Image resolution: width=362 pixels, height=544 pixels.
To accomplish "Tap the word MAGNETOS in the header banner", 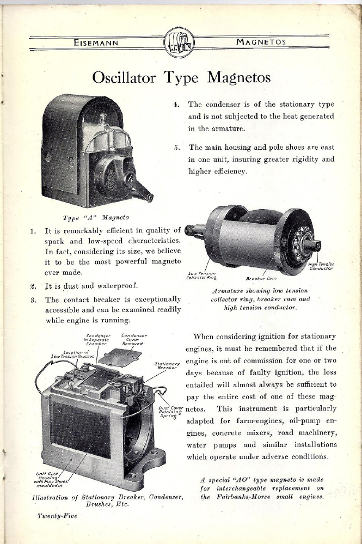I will coord(261,42).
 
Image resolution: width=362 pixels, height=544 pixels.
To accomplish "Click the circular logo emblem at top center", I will coord(181,43).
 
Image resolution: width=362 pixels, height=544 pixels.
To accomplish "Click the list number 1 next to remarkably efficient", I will coord(33,231).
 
